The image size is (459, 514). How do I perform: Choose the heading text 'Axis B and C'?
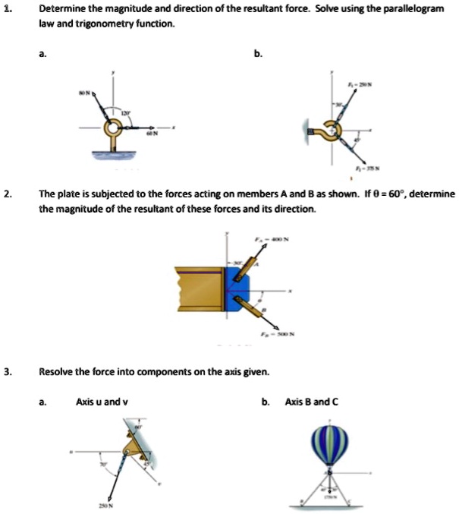(308, 401)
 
